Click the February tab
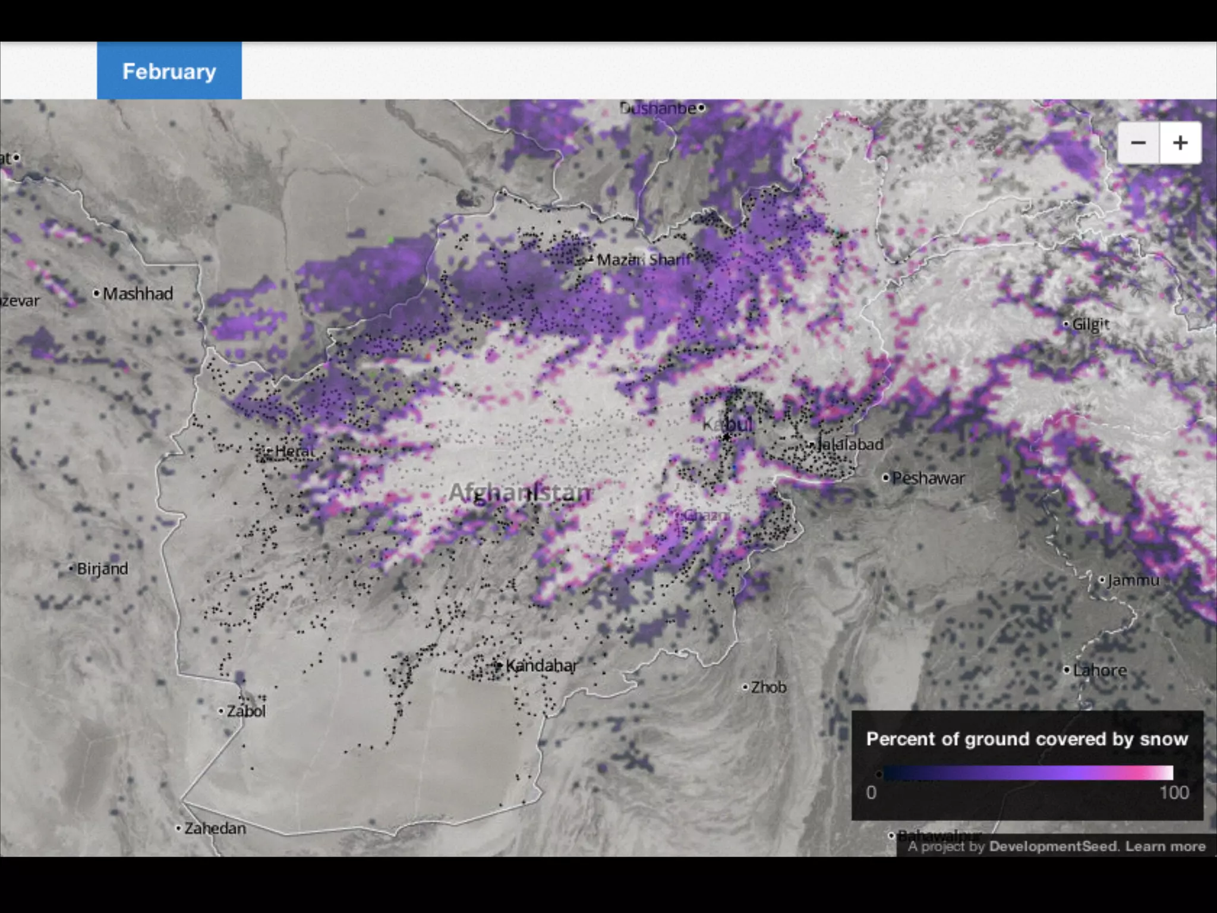point(169,71)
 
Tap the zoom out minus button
point(1138,143)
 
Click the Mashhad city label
point(137,294)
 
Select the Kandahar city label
point(541,665)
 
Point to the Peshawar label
point(928,478)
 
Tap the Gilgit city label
point(1090,324)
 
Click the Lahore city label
point(1099,670)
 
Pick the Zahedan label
point(215,828)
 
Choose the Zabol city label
point(246,711)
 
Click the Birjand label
point(102,569)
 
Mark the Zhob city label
point(768,687)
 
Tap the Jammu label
point(1133,580)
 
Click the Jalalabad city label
point(850,444)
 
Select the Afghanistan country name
point(520,492)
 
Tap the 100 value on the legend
point(1174,792)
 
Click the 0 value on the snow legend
point(871,792)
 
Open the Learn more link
point(1165,846)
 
